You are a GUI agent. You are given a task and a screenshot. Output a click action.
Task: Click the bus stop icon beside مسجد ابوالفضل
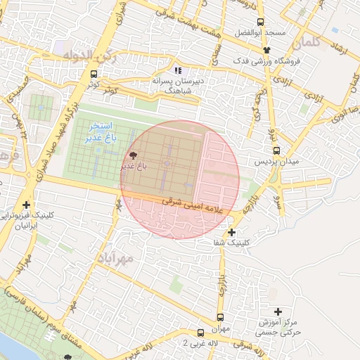pos(261,22)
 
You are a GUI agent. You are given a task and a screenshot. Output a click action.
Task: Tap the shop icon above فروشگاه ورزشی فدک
pos(266,50)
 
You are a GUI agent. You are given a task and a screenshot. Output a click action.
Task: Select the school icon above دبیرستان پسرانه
pos(178,70)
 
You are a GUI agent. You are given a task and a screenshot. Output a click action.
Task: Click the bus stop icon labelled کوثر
pos(94,73)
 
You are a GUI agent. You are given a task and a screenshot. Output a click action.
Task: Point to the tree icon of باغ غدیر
pos(131,155)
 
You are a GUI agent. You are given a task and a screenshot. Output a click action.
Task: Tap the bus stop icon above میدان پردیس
pos(276,151)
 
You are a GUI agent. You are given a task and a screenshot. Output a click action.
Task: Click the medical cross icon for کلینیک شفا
pos(231,233)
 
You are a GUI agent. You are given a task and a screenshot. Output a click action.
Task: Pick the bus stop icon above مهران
pos(220,318)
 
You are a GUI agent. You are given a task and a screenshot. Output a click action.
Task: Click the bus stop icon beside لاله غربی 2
pos(200,333)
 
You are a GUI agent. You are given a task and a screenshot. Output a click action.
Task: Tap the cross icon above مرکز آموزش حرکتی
pos(278,311)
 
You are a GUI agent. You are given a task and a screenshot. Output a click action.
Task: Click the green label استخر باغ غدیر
pos(98,131)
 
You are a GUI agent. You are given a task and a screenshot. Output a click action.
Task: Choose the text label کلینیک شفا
pos(231,243)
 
